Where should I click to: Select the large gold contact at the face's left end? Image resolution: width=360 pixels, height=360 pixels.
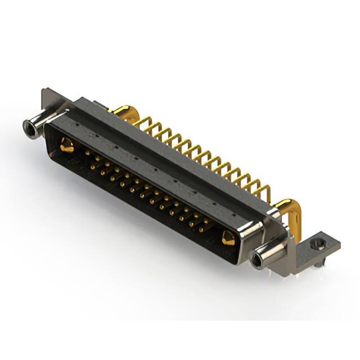[66, 146]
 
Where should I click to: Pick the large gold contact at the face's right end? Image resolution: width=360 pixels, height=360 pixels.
[228, 238]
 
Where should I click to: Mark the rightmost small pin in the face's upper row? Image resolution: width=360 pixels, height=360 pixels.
[209, 220]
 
